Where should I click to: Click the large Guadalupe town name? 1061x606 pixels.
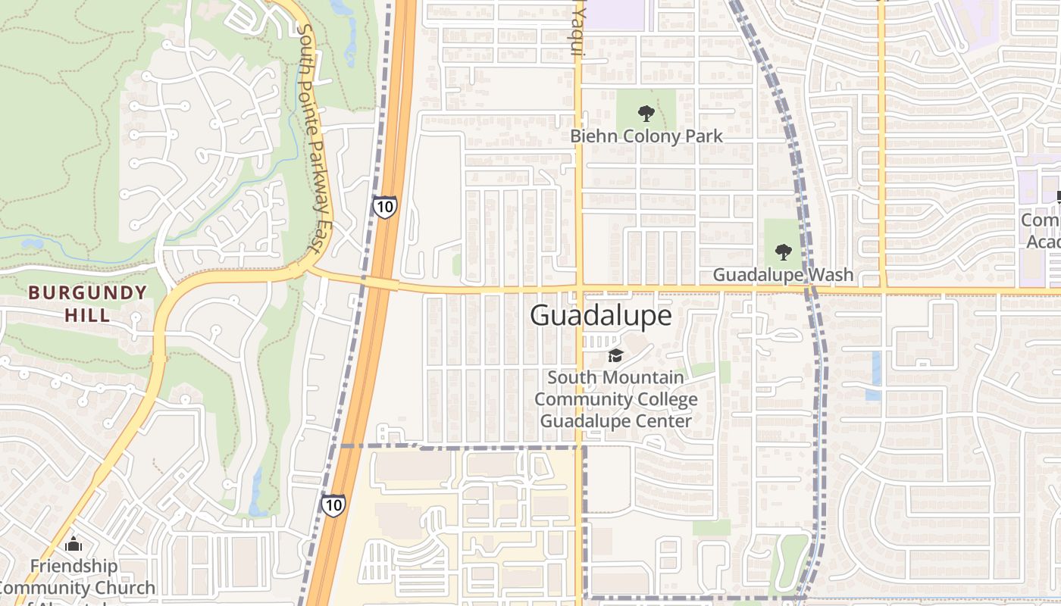coord(600,315)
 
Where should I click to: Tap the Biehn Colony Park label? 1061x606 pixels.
coord(646,136)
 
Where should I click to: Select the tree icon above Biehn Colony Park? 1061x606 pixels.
coord(646,114)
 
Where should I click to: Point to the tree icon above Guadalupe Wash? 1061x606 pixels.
coord(783,252)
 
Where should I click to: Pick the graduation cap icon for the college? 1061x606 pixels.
coord(615,355)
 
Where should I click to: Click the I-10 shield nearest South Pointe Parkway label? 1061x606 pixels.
coord(384,207)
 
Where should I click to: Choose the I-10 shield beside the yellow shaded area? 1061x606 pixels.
coord(333,505)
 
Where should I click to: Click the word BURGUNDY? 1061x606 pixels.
coord(87,293)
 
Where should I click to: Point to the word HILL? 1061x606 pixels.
coord(87,314)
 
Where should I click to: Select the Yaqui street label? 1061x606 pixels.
coord(578,32)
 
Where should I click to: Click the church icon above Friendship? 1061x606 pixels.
coord(74,544)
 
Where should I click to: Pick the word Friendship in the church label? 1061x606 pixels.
coord(74,566)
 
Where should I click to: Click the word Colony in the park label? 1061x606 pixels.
coord(646,136)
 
